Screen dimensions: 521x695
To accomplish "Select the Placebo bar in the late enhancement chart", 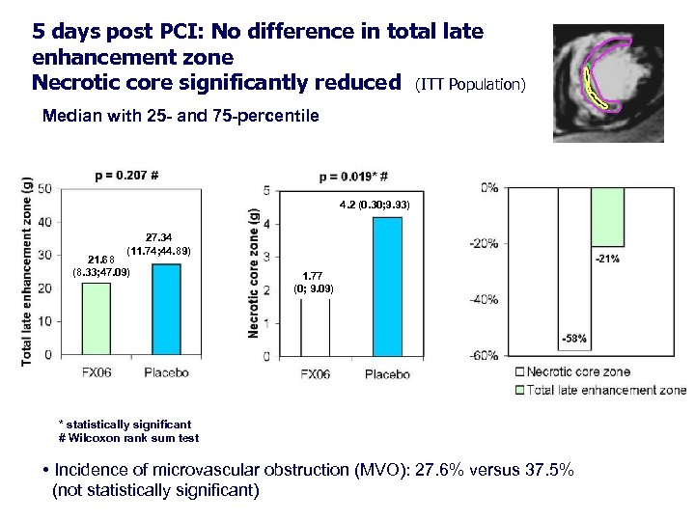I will tap(166, 309).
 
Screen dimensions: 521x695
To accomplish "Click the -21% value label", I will tap(607, 259).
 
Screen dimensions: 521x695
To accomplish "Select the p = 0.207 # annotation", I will tap(126, 176).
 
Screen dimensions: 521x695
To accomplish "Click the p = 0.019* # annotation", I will tap(353, 177).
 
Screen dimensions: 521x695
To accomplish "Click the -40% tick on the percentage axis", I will tap(485, 299).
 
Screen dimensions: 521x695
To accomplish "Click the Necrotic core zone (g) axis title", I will tap(254, 274).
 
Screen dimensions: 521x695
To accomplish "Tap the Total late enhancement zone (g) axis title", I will tap(26, 271).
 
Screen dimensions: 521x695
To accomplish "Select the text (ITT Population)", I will tap(469, 85).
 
